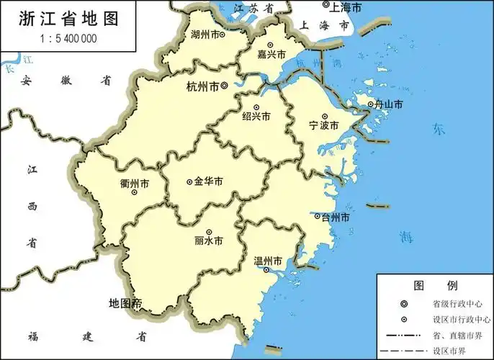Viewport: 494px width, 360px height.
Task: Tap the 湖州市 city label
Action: click(205, 34)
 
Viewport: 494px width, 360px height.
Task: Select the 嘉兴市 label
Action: click(271, 55)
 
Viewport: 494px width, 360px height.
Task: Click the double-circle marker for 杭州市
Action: click(224, 86)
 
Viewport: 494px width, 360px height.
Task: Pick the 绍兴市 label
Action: click(256, 117)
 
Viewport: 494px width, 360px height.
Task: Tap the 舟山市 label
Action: click(387, 105)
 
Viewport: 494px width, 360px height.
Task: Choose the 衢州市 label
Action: click(135, 184)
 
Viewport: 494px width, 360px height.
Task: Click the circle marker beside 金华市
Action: click(189, 182)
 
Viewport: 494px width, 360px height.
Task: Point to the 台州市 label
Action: click(336, 217)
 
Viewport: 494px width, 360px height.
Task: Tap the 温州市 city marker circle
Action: click(266, 271)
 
